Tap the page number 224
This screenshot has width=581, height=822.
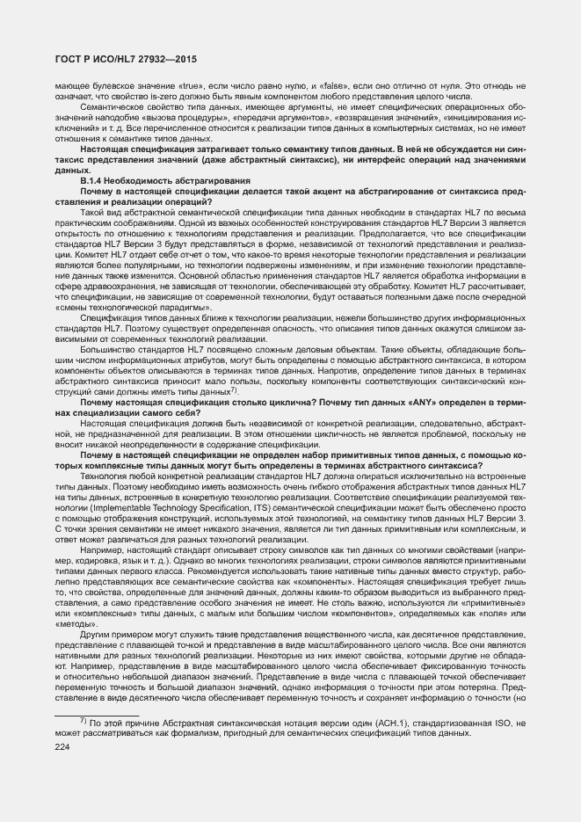click(62, 746)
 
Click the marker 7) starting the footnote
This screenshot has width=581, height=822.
click(83, 722)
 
